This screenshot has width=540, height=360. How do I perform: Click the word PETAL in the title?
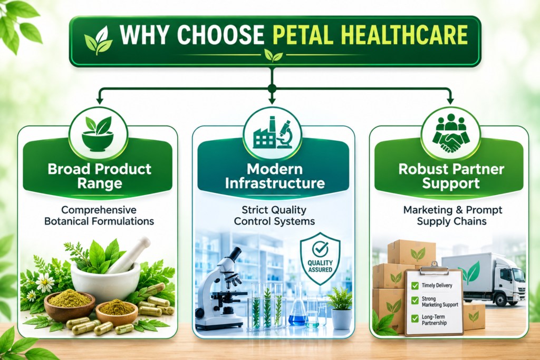point(303,35)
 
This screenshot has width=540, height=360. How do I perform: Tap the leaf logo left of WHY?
point(98,40)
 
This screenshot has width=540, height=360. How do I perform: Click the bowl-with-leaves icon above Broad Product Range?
point(98,134)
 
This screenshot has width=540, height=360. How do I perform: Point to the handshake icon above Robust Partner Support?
point(450,133)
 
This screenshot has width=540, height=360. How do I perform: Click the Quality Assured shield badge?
point(320,258)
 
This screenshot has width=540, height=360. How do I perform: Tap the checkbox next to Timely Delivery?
point(415,285)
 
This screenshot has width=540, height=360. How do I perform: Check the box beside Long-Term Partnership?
point(415,319)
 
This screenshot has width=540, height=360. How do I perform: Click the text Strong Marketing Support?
point(440,301)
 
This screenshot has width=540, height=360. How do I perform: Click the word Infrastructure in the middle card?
point(275,183)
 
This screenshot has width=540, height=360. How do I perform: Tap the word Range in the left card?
point(100,184)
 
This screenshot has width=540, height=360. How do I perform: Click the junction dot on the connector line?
point(272,89)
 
